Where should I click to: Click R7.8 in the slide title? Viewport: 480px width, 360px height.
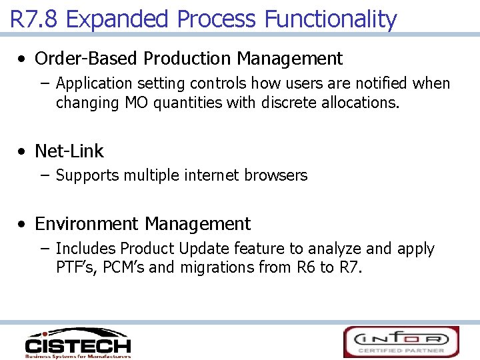click(x=35, y=19)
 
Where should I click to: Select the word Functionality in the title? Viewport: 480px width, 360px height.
click(x=331, y=19)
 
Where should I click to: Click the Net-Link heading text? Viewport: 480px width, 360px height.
click(x=69, y=151)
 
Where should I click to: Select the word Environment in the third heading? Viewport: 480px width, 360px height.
click(x=87, y=224)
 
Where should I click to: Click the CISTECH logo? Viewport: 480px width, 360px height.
click(x=77, y=343)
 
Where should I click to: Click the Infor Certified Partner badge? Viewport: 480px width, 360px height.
click(x=401, y=341)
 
